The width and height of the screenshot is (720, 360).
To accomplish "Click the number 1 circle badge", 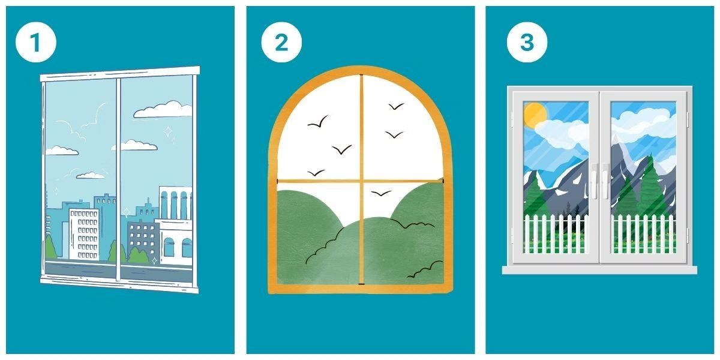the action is click(35, 42).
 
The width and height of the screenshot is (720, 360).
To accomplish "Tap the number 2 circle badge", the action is click(281, 42).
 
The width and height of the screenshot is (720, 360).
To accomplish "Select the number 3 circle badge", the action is click(527, 42).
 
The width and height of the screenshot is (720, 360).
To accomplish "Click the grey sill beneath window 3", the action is click(599, 270).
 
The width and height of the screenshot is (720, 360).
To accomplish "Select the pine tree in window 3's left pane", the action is click(535, 196).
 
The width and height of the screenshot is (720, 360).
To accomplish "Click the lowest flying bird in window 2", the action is click(381, 193).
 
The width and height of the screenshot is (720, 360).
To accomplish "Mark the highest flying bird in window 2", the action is click(396, 106).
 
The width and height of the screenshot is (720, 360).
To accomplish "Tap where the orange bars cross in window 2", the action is click(362, 181).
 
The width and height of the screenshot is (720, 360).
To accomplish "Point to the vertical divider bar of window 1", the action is click(118, 179).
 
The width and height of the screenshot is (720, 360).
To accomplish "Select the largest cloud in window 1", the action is click(163, 109).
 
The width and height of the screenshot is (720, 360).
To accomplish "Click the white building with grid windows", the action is click(84, 234).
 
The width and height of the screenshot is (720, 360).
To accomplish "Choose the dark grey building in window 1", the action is click(142, 237).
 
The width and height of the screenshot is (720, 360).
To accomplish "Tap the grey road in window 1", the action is click(119, 269).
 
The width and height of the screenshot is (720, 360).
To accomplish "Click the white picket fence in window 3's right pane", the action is click(643, 234).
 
